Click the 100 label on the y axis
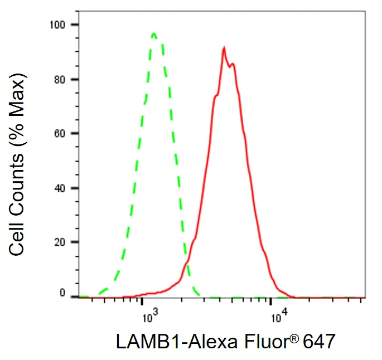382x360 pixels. (57, 25)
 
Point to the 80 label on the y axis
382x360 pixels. (60, 80)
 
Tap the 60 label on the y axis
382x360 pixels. (60, 133)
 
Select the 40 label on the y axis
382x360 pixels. (60, 188)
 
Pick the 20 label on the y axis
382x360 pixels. (60, 242)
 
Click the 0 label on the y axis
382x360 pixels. (62, 293)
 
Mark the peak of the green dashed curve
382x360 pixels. (153, 33)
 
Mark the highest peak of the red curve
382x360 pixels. (224, 47)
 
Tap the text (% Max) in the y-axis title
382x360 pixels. (17, 110)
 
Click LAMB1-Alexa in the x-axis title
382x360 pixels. (177, 342)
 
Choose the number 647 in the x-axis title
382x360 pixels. (319, 342)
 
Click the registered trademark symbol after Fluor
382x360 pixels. (294, 338)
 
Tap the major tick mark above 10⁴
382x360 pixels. (270, 301)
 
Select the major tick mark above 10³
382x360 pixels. (142, 301)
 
